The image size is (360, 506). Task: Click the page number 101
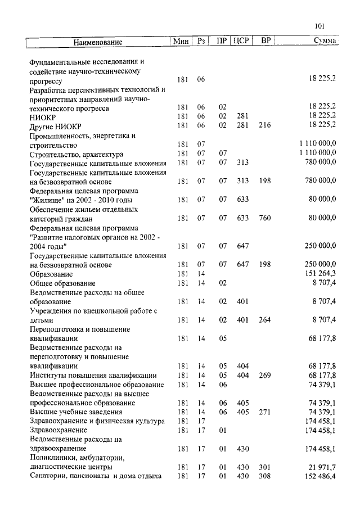[319, 26]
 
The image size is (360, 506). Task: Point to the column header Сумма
[325, 41]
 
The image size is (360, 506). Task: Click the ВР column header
[265, 41]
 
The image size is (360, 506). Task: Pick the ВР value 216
[264, 125]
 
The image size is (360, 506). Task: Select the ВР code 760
[264, 218]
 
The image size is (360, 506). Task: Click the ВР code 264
[264, 320]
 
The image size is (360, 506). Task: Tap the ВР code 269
[264, 375]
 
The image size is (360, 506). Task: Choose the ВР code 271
[264, 412]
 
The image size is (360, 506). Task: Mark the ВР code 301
[264, 467]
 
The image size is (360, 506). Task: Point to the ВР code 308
[264, 476]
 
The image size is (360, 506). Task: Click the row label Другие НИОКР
[55, 125]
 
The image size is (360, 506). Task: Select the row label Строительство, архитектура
[76, 153]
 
